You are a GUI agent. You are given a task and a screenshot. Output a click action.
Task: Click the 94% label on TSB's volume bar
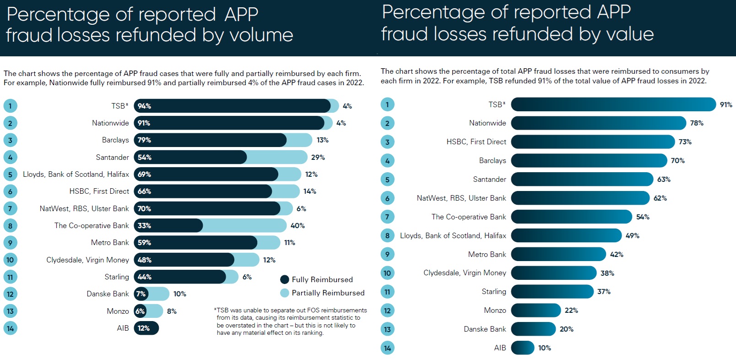click(144, 106)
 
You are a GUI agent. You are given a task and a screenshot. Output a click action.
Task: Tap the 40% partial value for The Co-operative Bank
click(298, 225)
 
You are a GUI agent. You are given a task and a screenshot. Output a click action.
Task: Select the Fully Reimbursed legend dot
click(285, 279)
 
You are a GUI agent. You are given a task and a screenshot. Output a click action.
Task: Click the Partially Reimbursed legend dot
click(285, 293)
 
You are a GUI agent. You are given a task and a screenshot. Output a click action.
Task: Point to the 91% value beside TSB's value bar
click(726, 104)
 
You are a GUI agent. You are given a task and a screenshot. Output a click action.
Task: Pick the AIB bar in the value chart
click(522, 348)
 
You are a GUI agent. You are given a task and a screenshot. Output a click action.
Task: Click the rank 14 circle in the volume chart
click(10, 328)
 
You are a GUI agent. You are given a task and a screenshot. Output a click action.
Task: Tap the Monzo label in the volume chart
click(118, 311)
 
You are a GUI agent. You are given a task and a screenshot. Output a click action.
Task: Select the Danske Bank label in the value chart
click(485, 329)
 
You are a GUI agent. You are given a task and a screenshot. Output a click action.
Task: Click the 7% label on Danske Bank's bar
click(141, 294)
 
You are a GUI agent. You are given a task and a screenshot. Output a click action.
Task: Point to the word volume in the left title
click(264, 35)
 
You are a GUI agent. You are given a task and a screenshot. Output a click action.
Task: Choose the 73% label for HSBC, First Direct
click(685, 142)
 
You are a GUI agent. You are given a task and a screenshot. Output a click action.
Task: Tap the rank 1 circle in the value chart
click(387, 104)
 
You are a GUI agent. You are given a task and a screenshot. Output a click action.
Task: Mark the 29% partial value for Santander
click(318, 157)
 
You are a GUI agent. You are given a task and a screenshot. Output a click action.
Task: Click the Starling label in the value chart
click(494, 291)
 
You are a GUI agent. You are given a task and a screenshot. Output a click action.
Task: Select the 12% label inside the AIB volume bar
click(144, 328)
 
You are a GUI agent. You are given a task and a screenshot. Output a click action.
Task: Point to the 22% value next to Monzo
click(571, 310)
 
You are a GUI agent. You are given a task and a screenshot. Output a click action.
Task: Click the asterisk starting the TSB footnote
click(215, 310)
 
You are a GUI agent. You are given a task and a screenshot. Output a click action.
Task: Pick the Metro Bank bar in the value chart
click(558, 254)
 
